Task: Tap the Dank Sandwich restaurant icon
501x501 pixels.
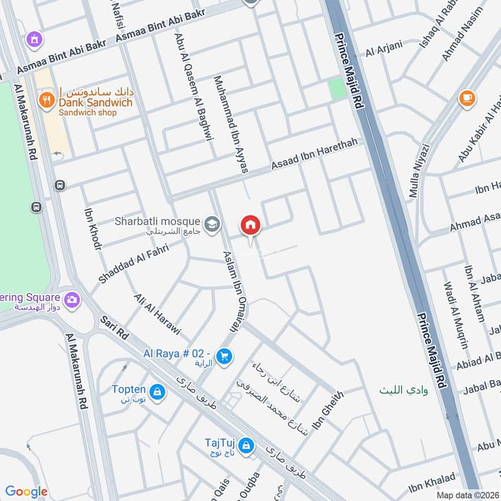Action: (x=46, y=100)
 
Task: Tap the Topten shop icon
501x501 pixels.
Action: (x=158, y=393)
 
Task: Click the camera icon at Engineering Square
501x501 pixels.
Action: (x=71, y=299)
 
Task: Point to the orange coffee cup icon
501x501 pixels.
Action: (x=466, y=98)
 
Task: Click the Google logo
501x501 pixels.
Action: (x=26, y=492)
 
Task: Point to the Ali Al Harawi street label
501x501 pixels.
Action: (x=157, y=314)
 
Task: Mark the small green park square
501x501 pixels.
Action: (x=338, y=88)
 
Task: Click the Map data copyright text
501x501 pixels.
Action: (x=467, y=495)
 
